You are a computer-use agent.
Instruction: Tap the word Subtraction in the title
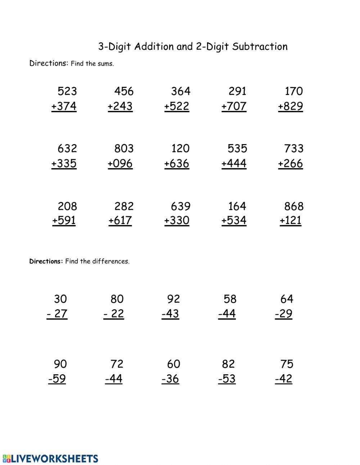[260, 46]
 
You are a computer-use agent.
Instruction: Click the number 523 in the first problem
[67, 91]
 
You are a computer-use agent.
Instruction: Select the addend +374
[64, 106]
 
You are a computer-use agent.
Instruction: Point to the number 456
[124, 91]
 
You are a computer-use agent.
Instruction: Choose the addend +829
[291, 106]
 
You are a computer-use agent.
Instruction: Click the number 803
[124, 148]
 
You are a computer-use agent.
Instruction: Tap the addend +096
[120, 164]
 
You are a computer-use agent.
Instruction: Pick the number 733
[294, 148]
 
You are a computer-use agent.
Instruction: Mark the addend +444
[234, 164]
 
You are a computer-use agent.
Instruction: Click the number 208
[67, 206]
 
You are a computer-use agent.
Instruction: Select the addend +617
[120, 220]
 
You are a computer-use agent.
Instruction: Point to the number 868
[294, 206]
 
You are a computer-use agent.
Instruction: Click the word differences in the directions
[111, 261]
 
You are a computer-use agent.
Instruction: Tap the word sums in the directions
[107, 64]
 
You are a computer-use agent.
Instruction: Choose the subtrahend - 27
[57, 314]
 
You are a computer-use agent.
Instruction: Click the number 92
[174, 299]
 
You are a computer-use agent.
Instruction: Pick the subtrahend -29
[284, 314]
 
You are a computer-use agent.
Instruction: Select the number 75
[287, 364]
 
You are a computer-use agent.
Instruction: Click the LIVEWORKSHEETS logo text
[54, 459]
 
